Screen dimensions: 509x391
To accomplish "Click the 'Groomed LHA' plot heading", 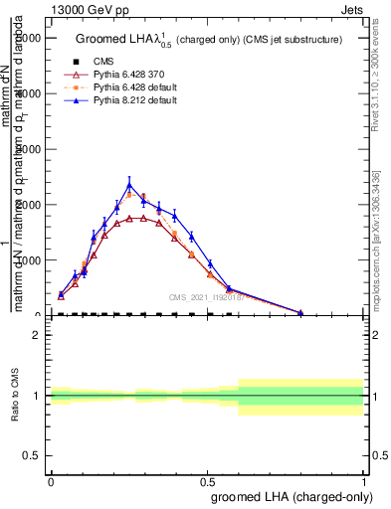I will pos(209,39).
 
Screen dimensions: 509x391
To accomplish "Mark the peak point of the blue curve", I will pos(129,184).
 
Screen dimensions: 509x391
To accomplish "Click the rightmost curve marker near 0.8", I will pos(300,312).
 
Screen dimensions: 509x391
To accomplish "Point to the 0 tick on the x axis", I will pos(51,480).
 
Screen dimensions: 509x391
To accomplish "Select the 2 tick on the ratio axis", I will pos(36,336).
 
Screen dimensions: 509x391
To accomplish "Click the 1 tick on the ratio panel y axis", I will pos(36,396).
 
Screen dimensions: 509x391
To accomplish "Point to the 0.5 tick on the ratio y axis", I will pos(32,456).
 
